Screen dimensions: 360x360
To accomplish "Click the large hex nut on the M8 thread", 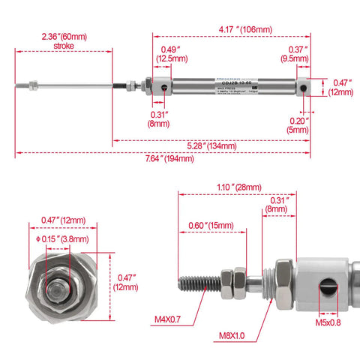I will coord(283,283).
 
